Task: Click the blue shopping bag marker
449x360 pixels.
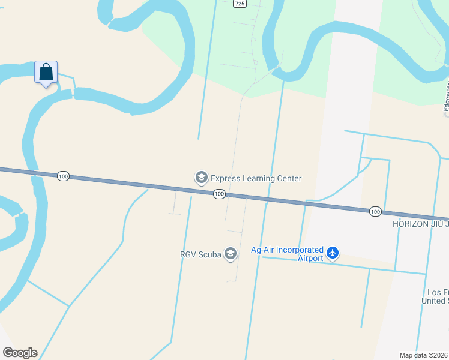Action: tap(46, 73)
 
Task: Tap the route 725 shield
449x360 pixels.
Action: tap(240, 4)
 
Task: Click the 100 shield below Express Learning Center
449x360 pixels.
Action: tap(219, 194)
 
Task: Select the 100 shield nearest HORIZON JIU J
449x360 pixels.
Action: tap(375, 211)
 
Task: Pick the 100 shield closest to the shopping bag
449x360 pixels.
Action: tap(64, 176)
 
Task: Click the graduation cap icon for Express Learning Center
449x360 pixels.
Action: tap(201, 178)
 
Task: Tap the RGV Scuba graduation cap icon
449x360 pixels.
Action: tap(231, 254)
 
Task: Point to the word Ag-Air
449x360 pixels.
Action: tap(262, 250)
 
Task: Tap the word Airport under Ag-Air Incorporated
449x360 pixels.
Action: tap(311, 259)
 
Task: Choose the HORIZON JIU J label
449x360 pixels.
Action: tap(420, 223)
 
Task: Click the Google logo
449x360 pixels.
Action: tap(20, 353)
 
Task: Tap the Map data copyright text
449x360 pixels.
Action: tap(424, 355)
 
